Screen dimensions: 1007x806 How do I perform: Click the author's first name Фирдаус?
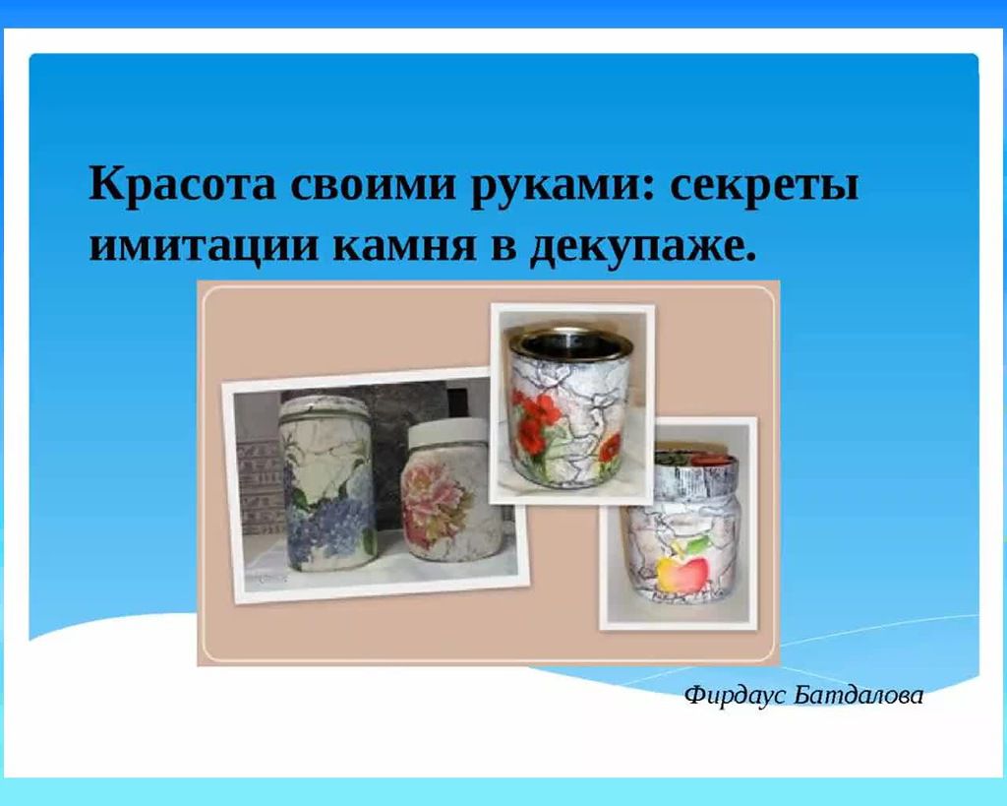(x=737, y=696)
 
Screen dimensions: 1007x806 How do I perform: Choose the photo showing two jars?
(x=376, y=484)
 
